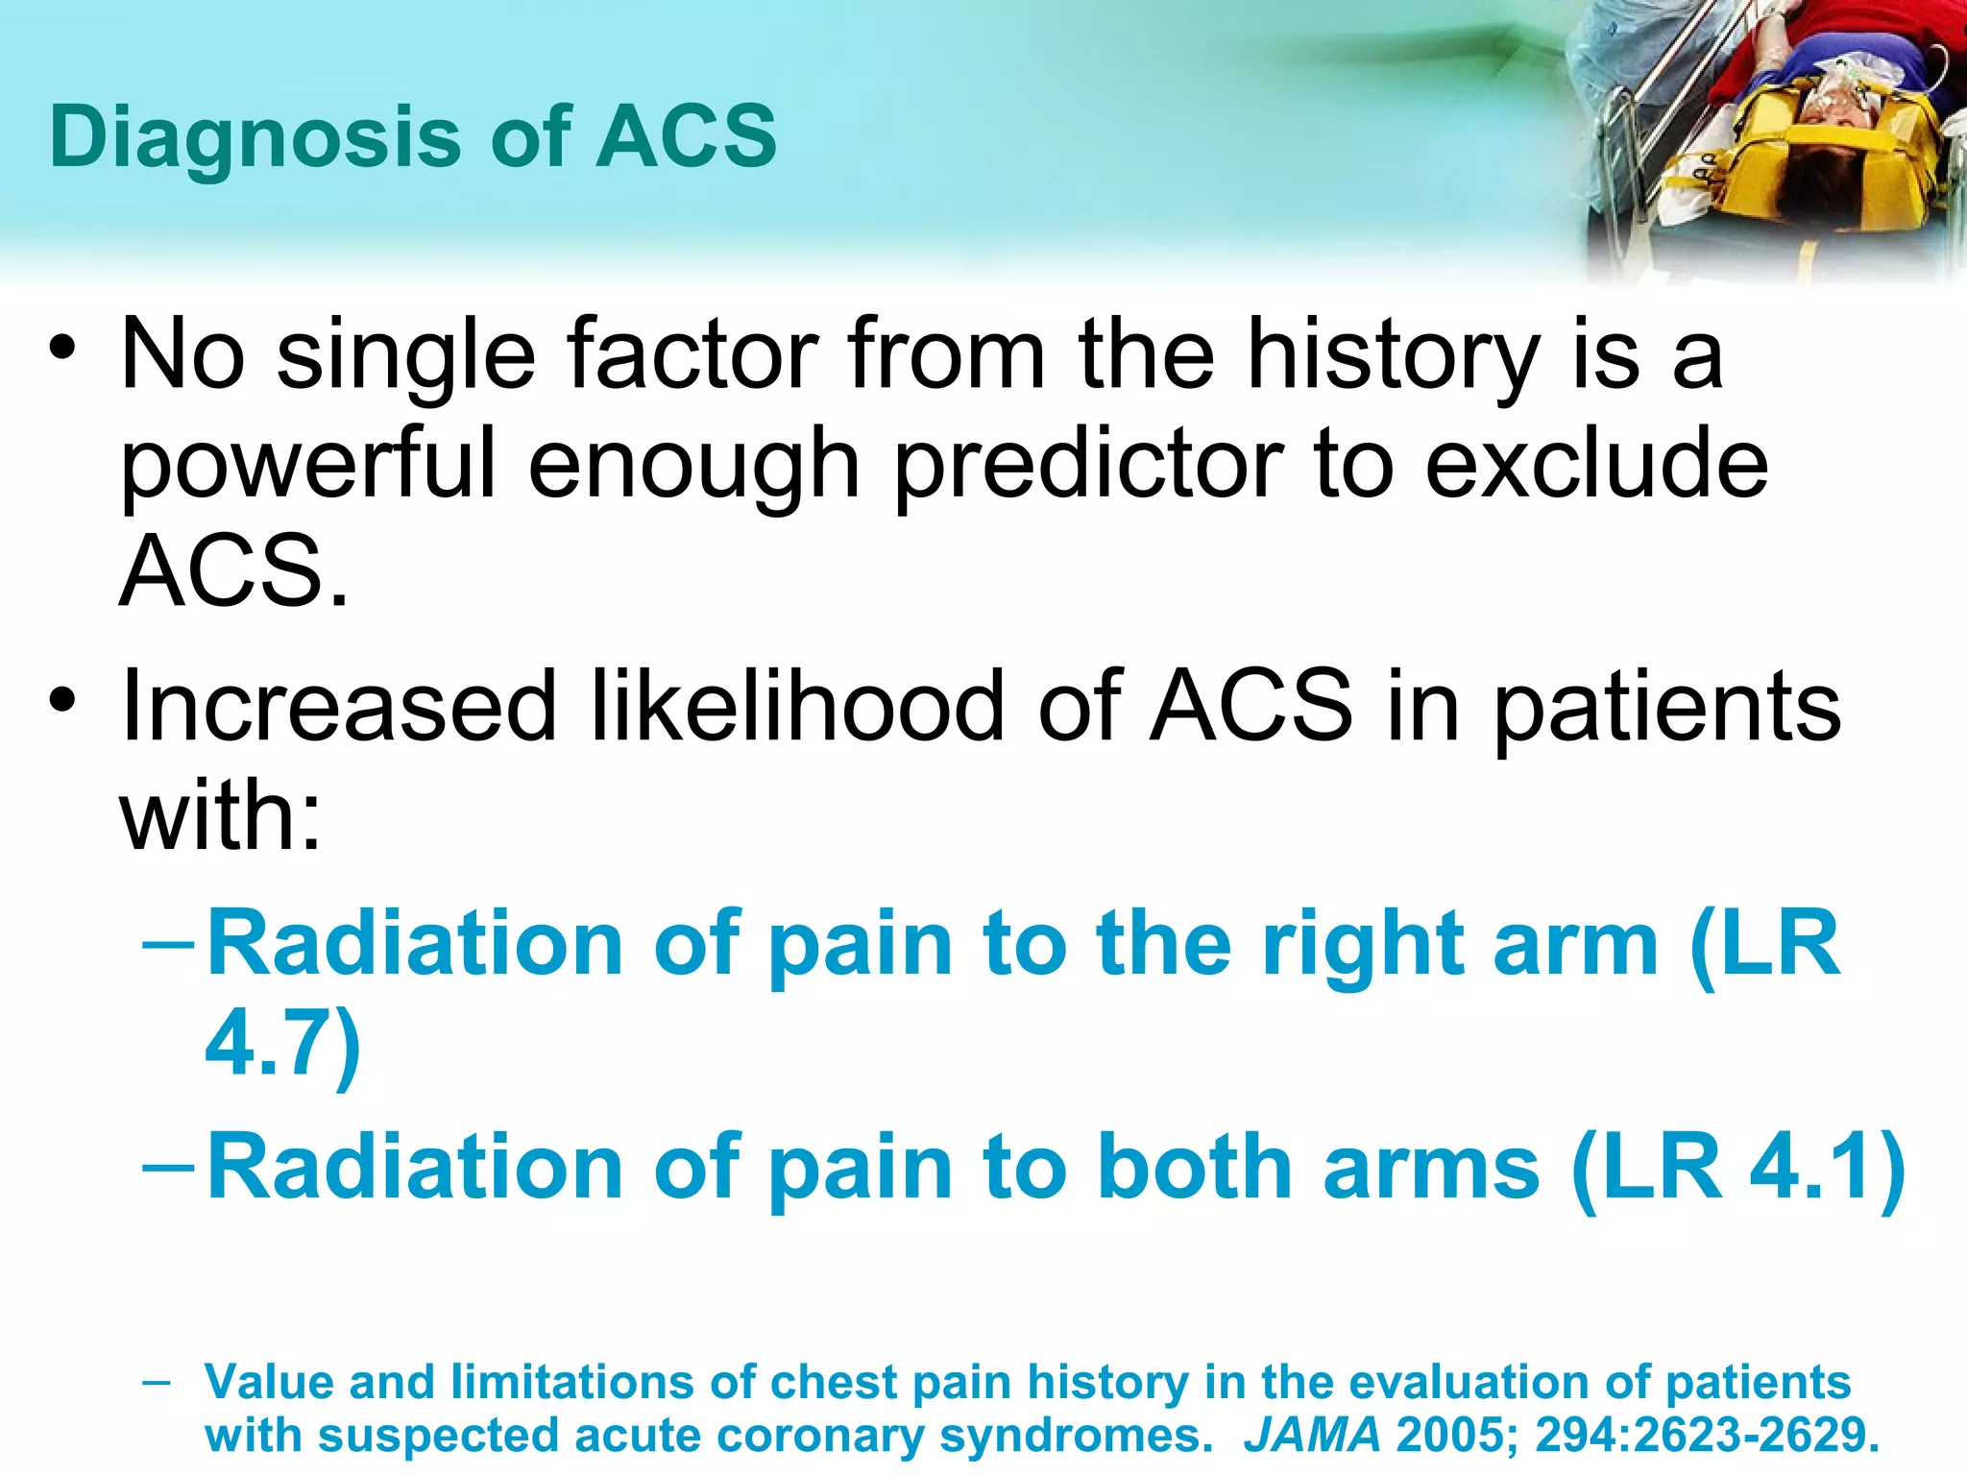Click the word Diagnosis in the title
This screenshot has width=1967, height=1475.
[x=255, y=137]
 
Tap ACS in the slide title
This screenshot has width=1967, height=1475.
[x=686, y=137]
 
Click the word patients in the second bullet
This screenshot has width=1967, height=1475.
[x=1667, y=708]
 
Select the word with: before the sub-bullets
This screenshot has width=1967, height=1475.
[x=220, y=817]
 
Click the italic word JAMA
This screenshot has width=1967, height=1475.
[x=1312, y=1436]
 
